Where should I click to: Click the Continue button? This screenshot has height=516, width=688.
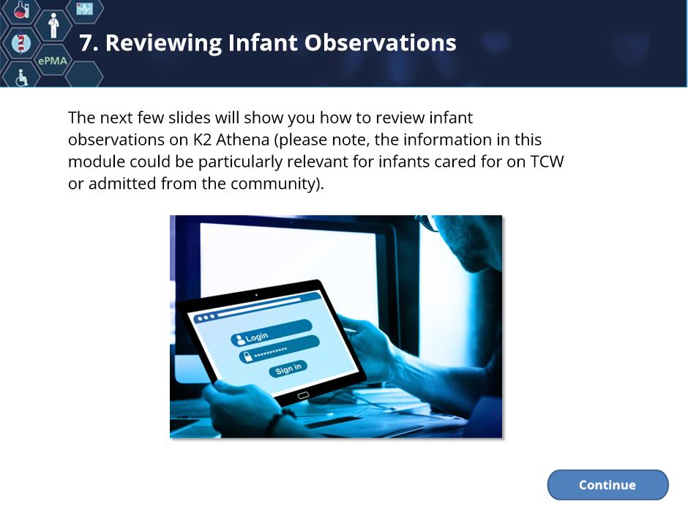pyautogui.click(x=607, y=485)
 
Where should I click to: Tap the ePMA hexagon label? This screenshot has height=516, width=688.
pyautogui.click(x=53, y=61)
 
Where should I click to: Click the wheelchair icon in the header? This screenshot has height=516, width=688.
pyautogui.click(x=21, y=78)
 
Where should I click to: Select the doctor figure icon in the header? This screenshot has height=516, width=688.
pyautogui.click(x=53, y=26)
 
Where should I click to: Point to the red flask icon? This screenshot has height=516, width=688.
pyautogui.click(x=21, y=10)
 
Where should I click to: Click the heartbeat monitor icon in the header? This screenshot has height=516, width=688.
pyautogui.click(x=84, y=9)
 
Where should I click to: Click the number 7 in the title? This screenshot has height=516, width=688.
pyautogui.click(x=86, y=43)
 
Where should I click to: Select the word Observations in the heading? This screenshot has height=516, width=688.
pyautogui.click(x=381, y=43)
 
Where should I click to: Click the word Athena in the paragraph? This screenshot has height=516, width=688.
pyautogui.click(x=243, y=140)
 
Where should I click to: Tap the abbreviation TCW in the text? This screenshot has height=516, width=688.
pyautogui.click(x=547, y=162)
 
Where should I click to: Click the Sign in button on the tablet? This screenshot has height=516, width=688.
pyautogui.click(x=288, y=369)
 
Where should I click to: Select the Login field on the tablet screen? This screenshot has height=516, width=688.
pyautogui.click(x=271, y=333)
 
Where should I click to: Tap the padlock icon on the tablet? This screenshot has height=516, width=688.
pyautogui.click(x=247, y=356)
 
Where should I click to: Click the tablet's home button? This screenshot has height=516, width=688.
pyautogui.click(x=303, y=395)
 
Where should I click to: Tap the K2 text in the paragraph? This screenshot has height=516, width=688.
pyautogui.click(x=202, y=140)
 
